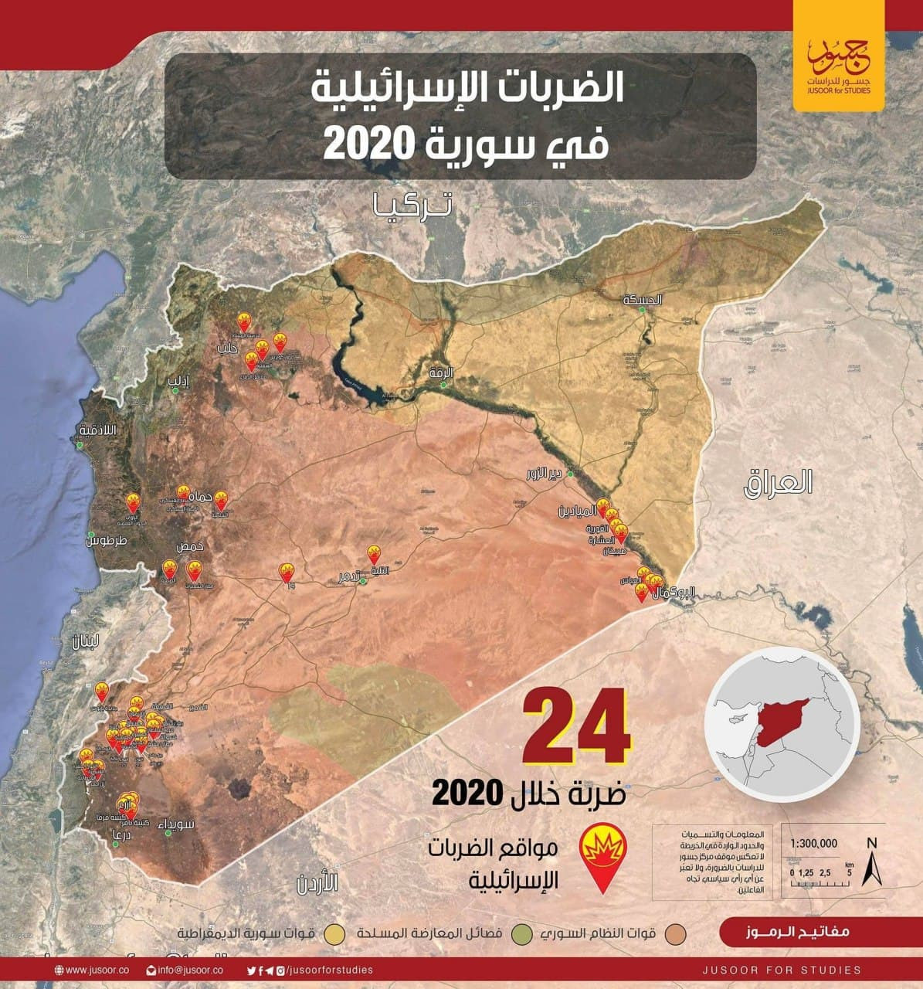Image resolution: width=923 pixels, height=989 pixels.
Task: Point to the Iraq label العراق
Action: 778,483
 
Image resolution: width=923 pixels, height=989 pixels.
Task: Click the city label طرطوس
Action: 107,541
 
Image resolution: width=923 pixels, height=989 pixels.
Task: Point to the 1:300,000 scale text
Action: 818,844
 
